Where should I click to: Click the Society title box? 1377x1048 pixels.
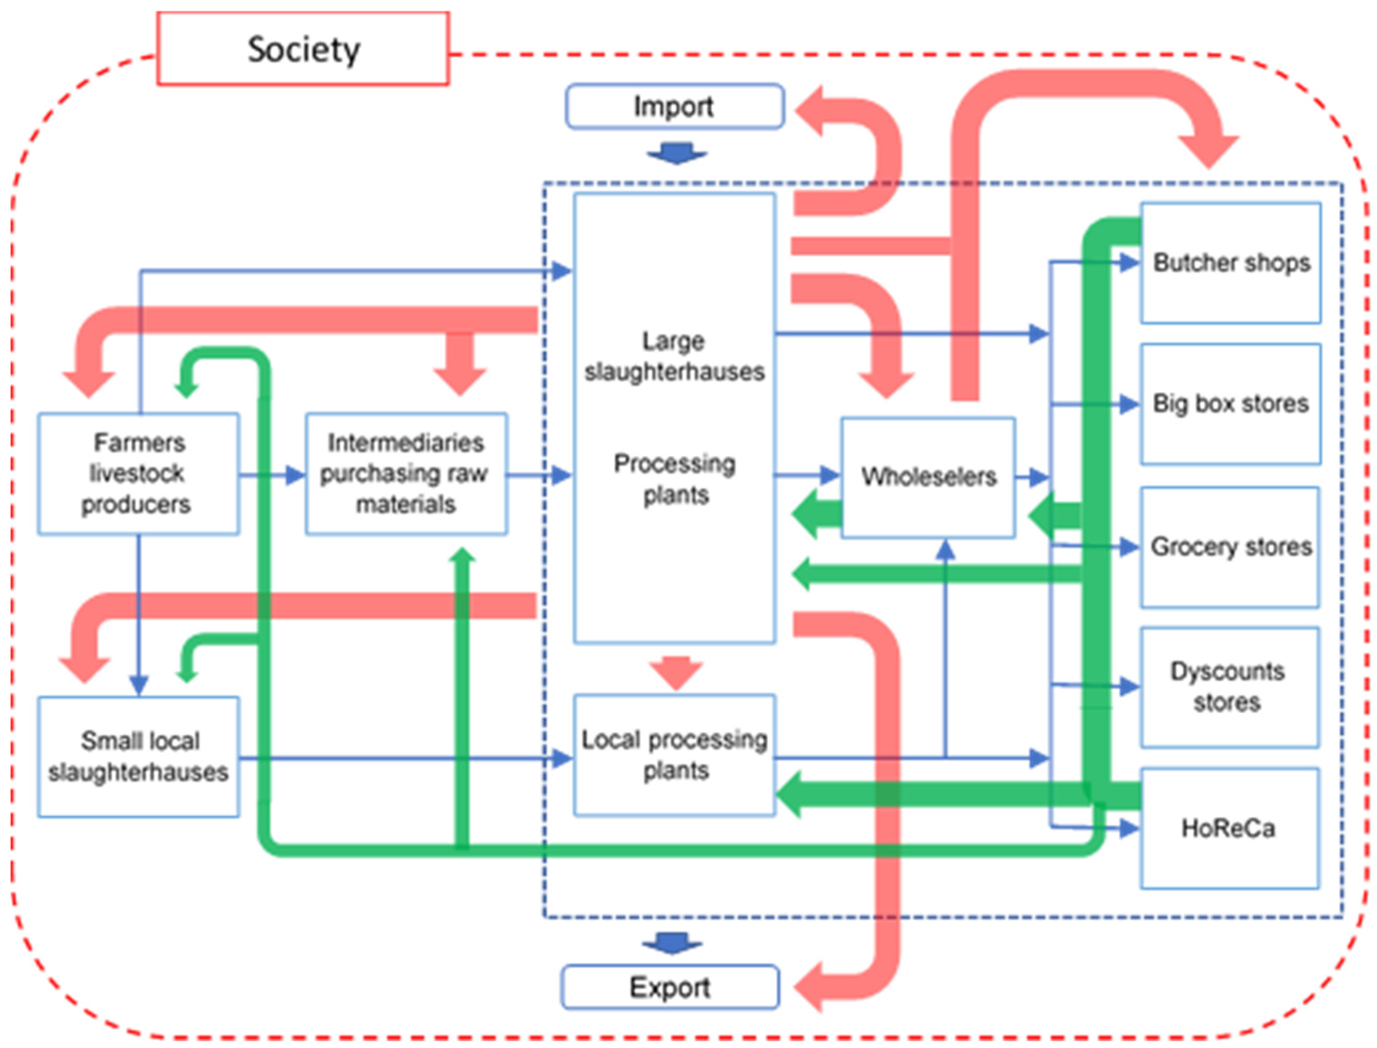click(x=303, y=49)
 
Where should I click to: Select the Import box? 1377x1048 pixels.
click(x=674, y=106)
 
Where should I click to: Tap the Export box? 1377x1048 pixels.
click(x=670, y=987)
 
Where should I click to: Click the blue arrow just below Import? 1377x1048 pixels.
click(x=677, y=153)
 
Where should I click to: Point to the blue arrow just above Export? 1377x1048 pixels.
click(x=672, y=943)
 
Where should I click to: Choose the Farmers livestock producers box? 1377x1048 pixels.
click(x=138, y=474)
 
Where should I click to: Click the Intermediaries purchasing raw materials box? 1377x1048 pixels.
click(x=406, y=474)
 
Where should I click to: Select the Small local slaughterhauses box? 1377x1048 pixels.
click(x=138, y=757)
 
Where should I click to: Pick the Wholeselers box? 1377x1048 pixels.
click(x=928, y=477)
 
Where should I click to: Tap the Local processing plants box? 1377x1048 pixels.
click(x=674, y=755)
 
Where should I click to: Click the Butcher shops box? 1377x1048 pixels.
click(x=1231, y=263)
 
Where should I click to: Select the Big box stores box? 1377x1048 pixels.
click(x=1231, y=404)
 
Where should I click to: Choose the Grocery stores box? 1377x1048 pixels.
click(x=1231, y=547)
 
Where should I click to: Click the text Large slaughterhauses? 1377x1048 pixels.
click(x=674, y=356)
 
